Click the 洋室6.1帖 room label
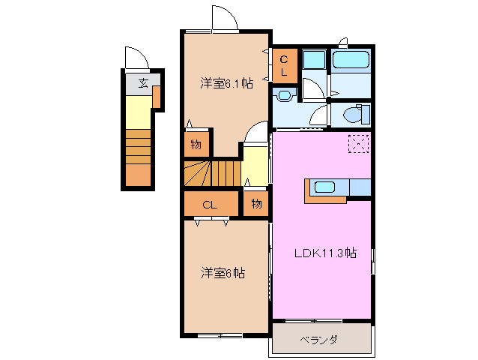(226, 83)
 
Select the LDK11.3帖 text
(324, 253)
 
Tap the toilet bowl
(351, 115)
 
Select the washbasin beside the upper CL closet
(284, 95)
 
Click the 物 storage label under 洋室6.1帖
(196, 145)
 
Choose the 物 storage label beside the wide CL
(256, 203)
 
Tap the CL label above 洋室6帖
(210, 203)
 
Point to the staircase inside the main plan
(213, 174)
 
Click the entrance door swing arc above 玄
(135, 58)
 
